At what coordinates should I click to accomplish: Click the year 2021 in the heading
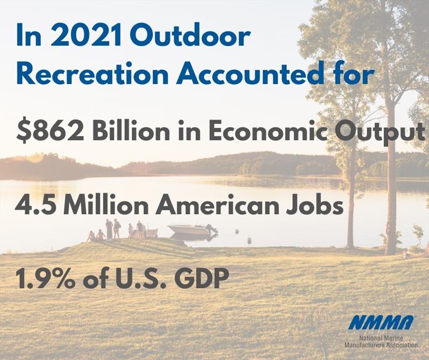tap(86, 35)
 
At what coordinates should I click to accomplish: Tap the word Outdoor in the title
tap(190, 35)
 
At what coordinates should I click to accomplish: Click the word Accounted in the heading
tap(250, 74)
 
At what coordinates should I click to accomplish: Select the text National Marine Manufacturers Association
tap(381, 341)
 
